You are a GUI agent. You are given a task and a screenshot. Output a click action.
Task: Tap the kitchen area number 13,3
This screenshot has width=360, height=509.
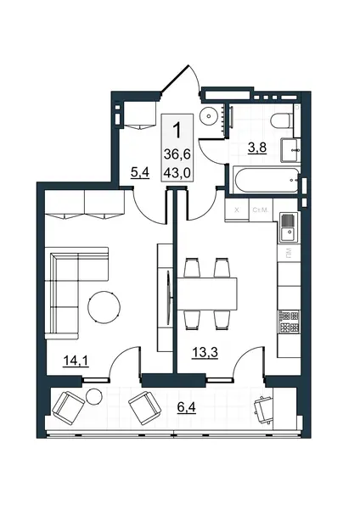click(205, 352)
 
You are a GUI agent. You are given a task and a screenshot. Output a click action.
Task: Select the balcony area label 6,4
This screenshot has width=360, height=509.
click(187, 407)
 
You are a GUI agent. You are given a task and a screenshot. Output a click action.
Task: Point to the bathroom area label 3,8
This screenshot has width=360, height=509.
click(257, 148)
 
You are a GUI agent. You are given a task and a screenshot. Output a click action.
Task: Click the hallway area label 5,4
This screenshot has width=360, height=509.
click(140, 172)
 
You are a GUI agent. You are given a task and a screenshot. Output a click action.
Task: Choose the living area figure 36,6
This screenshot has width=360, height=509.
click(177, 154)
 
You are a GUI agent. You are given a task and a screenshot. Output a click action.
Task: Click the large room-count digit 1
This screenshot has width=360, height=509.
click(177, 130)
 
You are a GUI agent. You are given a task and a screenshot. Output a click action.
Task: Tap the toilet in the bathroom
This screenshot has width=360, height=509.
click(282, 120)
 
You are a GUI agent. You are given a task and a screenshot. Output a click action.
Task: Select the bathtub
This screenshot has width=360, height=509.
click(266, 181)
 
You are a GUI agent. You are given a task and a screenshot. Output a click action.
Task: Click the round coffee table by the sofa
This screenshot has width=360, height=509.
click(104, 306)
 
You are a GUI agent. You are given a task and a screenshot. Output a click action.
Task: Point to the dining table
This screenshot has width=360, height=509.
click(206, 294)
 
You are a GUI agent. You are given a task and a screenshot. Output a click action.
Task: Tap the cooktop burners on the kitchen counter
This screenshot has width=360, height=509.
click(289, 322)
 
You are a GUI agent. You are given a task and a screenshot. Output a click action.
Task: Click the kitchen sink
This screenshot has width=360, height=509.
click(289, 228)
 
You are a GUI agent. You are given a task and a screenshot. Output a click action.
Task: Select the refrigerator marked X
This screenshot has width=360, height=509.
click(237, 210)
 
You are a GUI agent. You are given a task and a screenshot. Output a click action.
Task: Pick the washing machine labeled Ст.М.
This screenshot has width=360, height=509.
click(261, 210)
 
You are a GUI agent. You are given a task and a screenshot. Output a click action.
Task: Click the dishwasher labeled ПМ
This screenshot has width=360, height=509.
click(289, 252)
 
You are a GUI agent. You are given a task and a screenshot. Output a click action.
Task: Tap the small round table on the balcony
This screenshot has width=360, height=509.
click(94, 395)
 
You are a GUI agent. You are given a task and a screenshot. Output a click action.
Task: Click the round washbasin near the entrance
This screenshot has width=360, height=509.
click(208, 115)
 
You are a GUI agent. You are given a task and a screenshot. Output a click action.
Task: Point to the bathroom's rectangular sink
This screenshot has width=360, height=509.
click(290, 150)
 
